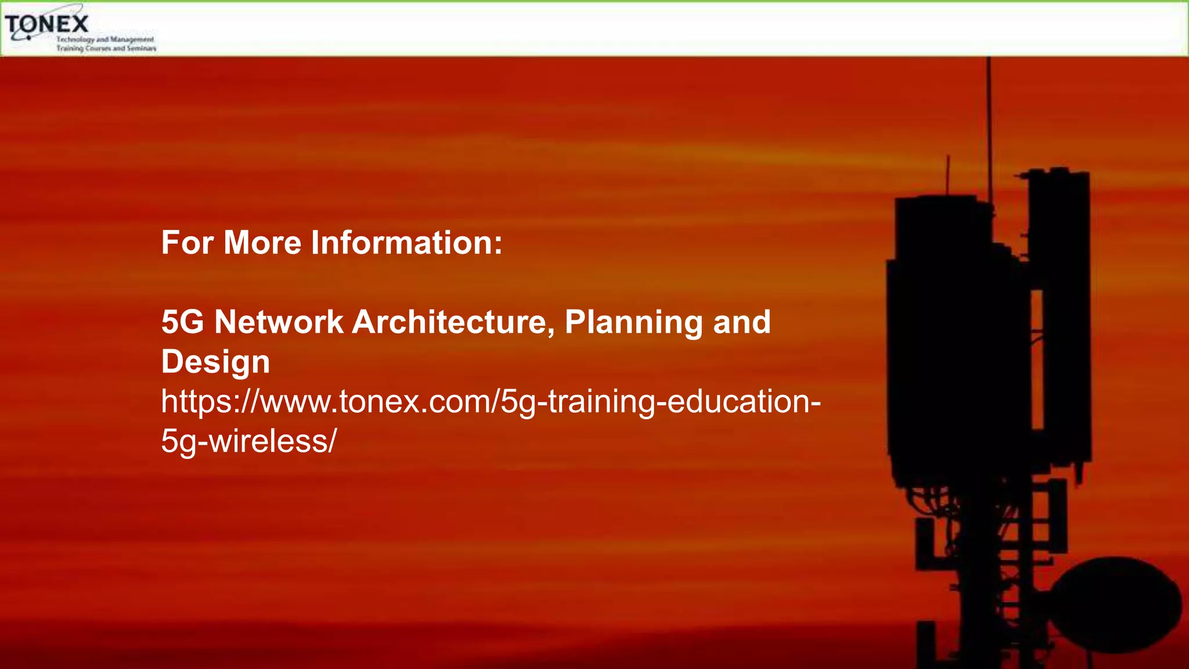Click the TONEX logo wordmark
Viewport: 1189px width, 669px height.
click(x=46, y=24)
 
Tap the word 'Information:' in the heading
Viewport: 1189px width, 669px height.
click(x=406, y=243)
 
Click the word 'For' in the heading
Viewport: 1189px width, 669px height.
click(x=188, y=243)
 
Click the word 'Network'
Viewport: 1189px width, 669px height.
click(x=279, y=322)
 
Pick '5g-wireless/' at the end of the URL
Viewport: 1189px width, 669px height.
click(x=248, y=441)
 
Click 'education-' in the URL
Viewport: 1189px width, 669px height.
click(x=744, y=402)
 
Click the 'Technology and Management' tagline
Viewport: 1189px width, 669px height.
click(x=105, y=39)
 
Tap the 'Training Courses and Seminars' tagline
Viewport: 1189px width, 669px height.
click(x=106, y=48)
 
